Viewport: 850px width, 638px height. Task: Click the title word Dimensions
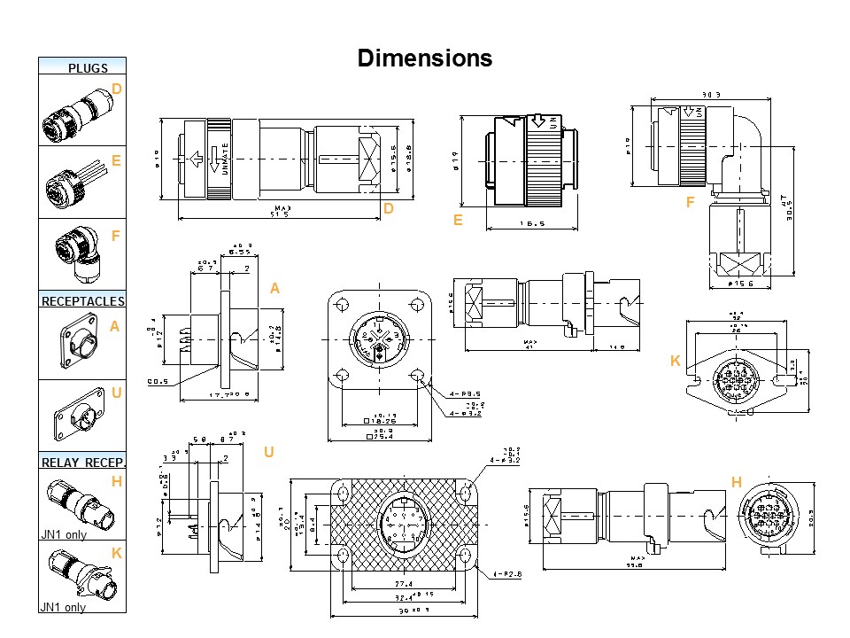(424, 58)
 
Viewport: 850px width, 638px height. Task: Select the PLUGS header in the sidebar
(88, 67)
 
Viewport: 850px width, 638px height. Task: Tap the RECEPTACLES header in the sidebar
(83, 301)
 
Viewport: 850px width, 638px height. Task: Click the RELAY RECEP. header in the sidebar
(83, 462)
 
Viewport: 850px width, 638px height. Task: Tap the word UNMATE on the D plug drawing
(226, 159)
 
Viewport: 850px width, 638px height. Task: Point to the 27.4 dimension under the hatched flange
(404, 585)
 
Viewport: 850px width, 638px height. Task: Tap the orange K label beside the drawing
(675, 362)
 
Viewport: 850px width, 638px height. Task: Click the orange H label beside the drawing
(736, 482)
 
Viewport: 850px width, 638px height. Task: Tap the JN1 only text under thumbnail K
(63, 607)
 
